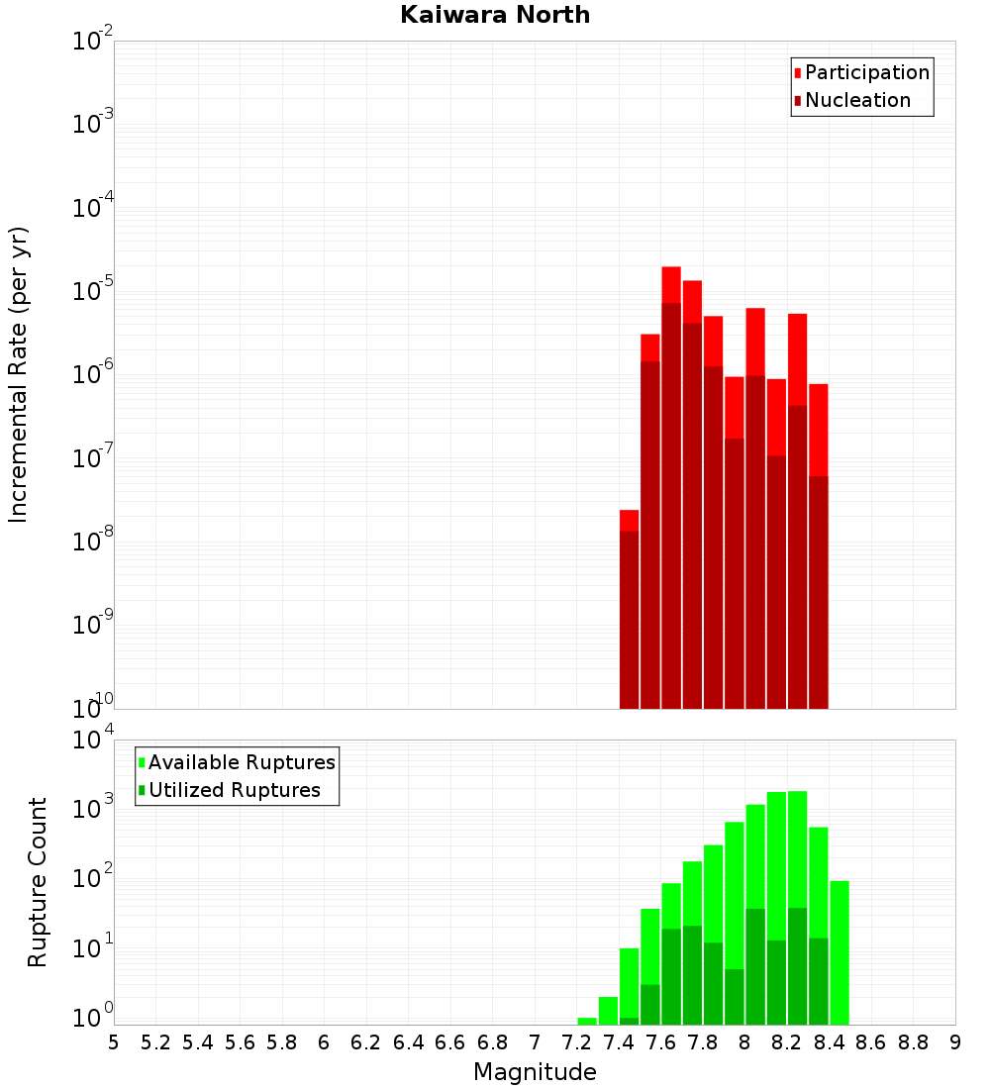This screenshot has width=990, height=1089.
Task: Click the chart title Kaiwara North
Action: click(495, 15)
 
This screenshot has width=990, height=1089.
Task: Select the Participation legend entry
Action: click(866, 73)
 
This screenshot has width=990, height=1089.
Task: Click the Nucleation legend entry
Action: click(856, 101)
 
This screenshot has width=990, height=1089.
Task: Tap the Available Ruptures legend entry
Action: click(241, 763)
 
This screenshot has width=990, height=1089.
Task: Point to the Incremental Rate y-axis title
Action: click(19, 374)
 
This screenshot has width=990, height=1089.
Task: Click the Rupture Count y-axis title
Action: click(38, 881)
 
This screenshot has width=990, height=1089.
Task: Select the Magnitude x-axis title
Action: click(535, 1072)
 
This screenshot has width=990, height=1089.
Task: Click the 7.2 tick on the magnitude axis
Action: click(577, 1042)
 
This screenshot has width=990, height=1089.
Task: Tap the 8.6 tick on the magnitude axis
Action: click(871, 1042)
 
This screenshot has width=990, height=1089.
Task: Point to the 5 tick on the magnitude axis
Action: click(114, 1042)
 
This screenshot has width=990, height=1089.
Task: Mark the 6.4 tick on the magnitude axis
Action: click(409, 1042)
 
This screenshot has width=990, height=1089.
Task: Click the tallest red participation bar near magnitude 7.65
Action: click(671, 283)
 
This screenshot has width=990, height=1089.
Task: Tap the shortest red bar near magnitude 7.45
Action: click(629, 520)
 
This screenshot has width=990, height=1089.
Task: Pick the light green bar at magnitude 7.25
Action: click(587, 1021)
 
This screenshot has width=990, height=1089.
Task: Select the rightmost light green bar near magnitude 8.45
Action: click(840, 950)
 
